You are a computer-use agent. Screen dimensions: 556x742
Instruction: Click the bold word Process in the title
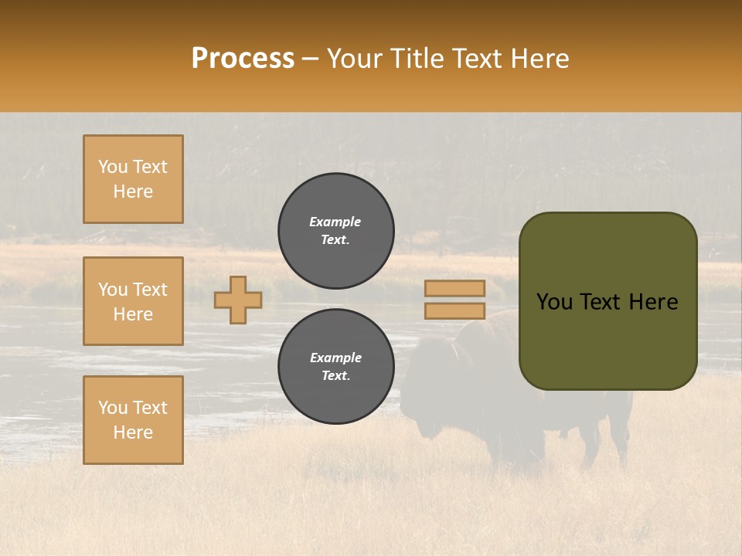point(243,59)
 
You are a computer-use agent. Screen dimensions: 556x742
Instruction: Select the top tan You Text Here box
point(133,179)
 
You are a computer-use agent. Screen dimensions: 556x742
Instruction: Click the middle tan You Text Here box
point(133,301)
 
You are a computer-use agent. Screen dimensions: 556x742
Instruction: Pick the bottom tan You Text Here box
point(133,419)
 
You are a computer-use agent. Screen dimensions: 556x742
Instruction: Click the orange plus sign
point(238,300)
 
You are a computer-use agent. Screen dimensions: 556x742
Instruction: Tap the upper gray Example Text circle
point(335,230)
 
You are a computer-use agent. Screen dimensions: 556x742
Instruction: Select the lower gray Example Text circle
point(335,366)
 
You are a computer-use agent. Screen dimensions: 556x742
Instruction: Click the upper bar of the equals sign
point(454,288)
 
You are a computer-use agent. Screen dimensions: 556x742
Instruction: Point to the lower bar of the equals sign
point(454,310)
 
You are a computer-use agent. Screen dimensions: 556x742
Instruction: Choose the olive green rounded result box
point(608,340)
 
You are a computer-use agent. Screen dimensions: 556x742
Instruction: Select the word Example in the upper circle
point(335,222)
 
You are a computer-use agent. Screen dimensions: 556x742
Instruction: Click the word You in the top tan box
point(113,167)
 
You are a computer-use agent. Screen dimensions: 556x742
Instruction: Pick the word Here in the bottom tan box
point(133,432)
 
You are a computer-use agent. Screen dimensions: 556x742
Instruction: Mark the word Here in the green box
point(653,302)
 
